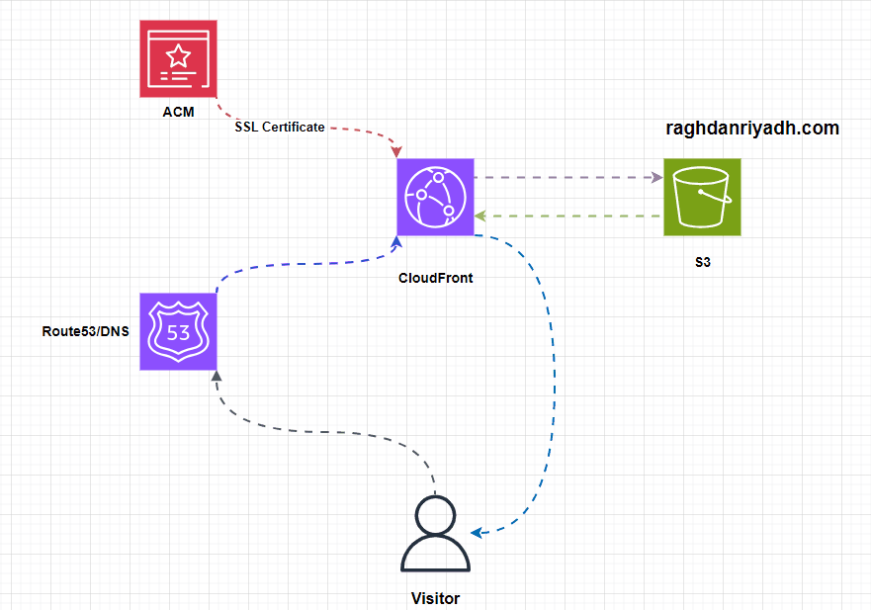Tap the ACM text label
point(178,112)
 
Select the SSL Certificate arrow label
point(280,128)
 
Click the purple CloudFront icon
point(436,196)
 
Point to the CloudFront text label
point(436,278)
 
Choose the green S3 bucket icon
point(702,197)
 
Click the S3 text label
point(703,266)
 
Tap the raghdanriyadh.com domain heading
point(752,129)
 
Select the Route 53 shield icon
point(179,331)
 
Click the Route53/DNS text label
point(85,331)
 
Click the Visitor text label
point(436,598)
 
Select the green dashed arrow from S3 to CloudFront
point(568,215)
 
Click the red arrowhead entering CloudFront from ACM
point(396,152)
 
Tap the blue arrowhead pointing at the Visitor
point(477,534)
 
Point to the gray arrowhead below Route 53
point(217,376)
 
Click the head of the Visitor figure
point(436,515)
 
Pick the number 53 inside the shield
point(179,333)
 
